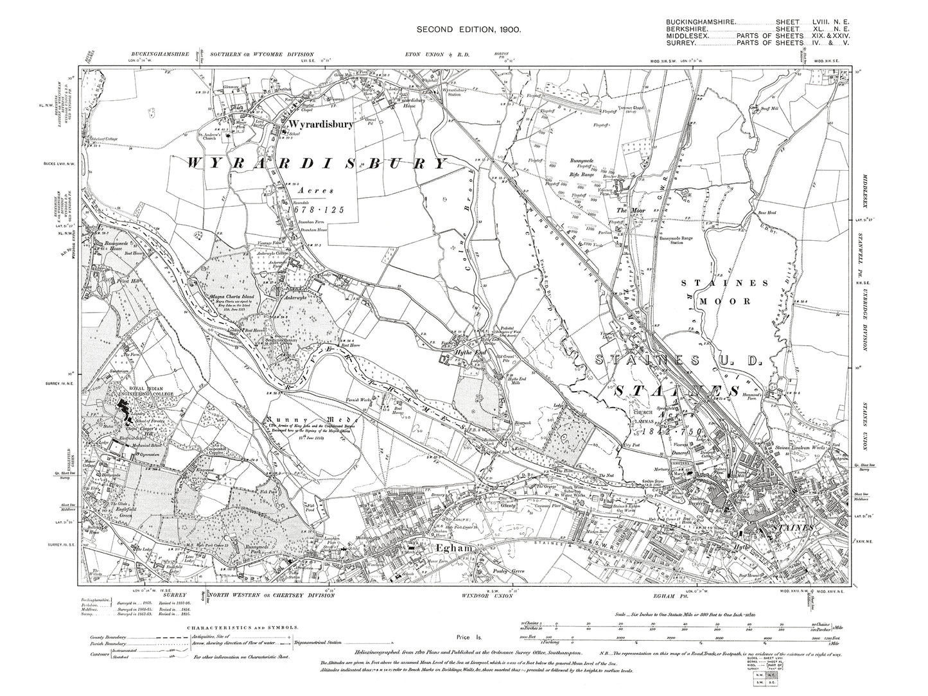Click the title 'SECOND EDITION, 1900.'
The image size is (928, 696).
tap(468, 30)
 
